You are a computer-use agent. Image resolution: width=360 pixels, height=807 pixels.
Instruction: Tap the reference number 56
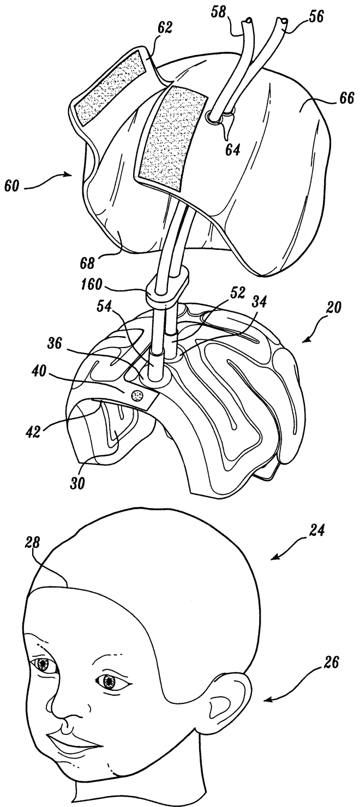(316, 16)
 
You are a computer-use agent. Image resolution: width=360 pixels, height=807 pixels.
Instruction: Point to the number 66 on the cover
(335, 99)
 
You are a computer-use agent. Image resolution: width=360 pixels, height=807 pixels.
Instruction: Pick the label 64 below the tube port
(232, 149)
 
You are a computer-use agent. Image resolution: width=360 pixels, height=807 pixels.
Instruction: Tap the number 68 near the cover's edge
(88, 264)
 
